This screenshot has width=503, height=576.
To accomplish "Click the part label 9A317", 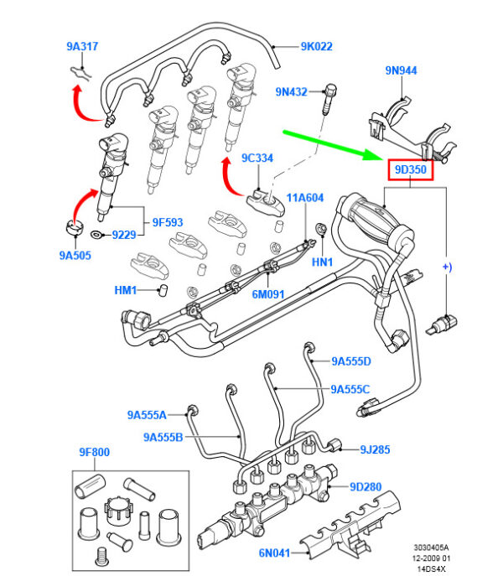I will [x=81, y=47].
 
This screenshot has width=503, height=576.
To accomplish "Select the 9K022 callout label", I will [x=316, y=47].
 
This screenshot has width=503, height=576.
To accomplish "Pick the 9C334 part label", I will [x=257, y=158].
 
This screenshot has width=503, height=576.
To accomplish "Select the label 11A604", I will [x=304, y=198].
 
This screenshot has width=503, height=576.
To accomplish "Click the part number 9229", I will [x=123, y=236].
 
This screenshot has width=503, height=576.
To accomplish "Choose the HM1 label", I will [x=126, y=290].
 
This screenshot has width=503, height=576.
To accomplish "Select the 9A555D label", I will [x=350, y=361].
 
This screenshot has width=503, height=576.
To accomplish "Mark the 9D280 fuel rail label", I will [x=366, y=486].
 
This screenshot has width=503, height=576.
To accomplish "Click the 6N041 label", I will [x=272, y=553].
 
